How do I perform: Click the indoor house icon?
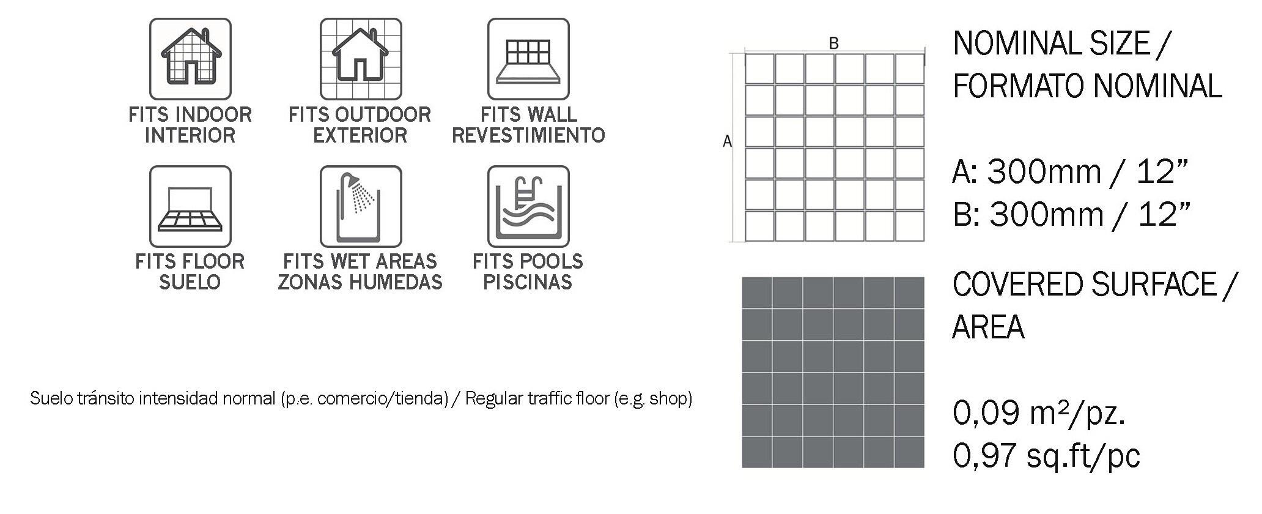pos(190,59)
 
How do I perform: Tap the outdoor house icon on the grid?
pos(361,59)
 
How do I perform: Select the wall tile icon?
pos(528,59)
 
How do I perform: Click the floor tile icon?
pos(190,206)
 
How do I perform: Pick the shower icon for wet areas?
pos(361,206)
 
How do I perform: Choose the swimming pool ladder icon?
pos(528,206)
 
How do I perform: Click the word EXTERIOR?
pos(360,135)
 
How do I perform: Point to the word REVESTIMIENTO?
pos(528,135)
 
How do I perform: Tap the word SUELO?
pos(190,282)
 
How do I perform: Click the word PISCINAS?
pos(528,282)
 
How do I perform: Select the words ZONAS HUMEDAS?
pos(360,282)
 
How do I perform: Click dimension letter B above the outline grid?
pos(833,43)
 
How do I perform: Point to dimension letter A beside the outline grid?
pos(727,141)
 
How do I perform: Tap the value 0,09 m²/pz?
pos(1039,413)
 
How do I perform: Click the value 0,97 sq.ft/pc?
pos(1046,456)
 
